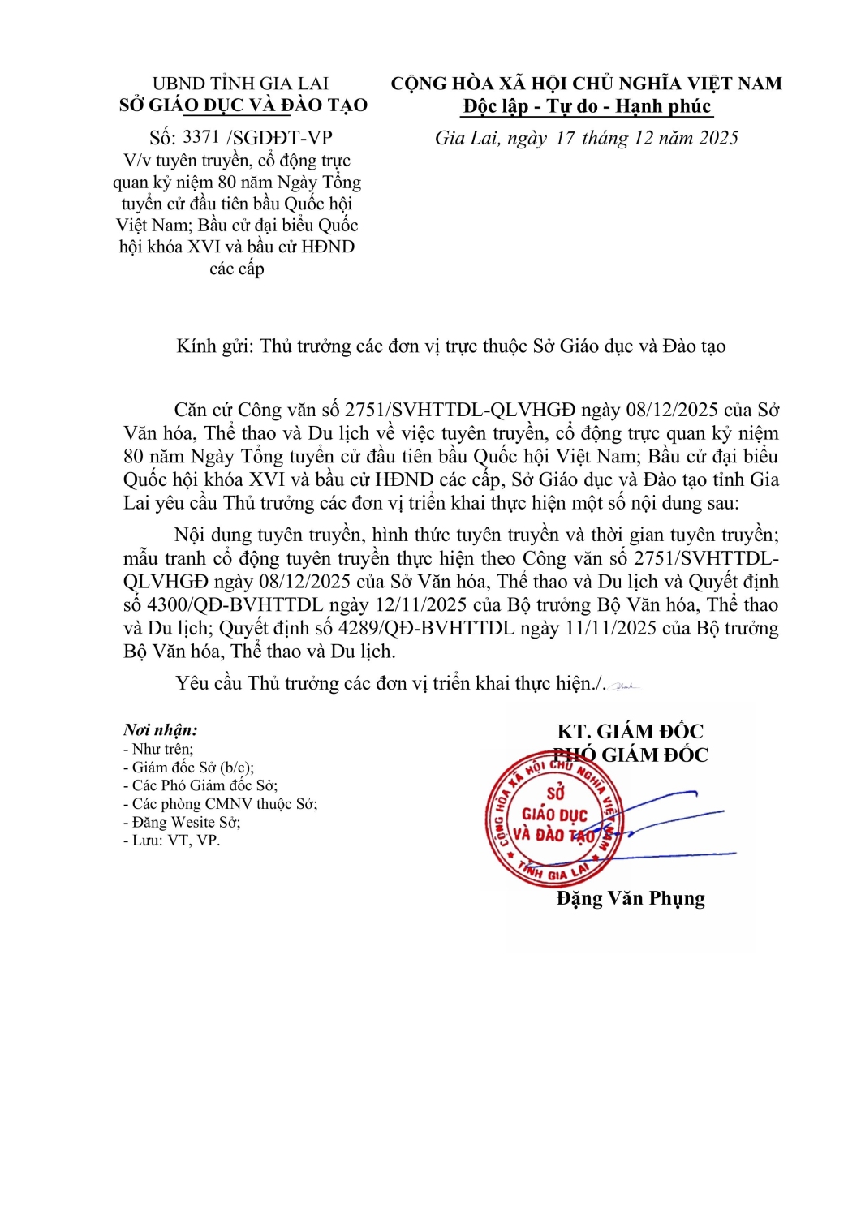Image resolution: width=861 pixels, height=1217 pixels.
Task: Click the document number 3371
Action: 201,137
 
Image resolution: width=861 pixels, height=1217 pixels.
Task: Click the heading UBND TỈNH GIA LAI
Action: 240,84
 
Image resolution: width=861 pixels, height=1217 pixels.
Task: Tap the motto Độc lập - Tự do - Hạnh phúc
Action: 587,106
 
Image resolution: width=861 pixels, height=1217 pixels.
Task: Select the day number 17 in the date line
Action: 566,138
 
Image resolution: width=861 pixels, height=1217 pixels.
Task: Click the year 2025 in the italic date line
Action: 718,138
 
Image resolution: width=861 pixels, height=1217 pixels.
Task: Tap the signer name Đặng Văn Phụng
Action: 631,898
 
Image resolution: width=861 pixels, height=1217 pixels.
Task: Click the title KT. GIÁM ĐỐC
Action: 631,731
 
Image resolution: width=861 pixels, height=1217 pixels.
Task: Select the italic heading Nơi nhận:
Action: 161,729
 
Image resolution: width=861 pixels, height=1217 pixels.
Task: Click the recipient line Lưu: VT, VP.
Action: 171,841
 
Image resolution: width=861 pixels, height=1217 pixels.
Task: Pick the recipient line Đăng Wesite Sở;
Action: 182,822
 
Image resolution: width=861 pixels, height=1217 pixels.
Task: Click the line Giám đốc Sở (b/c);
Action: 188,768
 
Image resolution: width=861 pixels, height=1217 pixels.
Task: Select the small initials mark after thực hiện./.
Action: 626,687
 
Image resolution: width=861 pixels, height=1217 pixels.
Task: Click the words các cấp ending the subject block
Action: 237,269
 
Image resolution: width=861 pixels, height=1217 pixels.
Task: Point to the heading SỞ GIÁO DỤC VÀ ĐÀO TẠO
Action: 243,105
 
